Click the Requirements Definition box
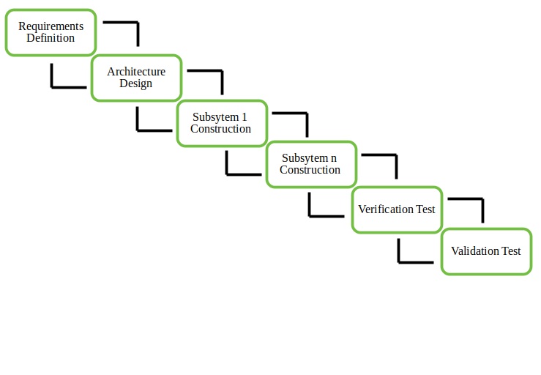[x=51, y=32]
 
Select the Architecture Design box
[x=136, y=78]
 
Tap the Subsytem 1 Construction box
[x=221, y=123]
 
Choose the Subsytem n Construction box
[x=310, y=164]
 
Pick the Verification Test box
[x=397, y=209]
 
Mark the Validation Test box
[x=486, y=251]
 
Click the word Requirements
[x=51, y=26]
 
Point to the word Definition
[x=51, y=38]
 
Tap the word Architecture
[x=136, y=72]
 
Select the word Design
[x=136, y=83]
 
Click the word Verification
[x=386, y=209]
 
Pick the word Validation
[x=474, y=251]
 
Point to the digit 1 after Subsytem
[x=245, y=117]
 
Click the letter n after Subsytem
[x=334, y=158]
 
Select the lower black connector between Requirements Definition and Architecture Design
[x=59, y=86]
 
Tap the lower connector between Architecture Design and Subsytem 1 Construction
[x=145, y=130]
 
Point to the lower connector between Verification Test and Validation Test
[x=407, y=261]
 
